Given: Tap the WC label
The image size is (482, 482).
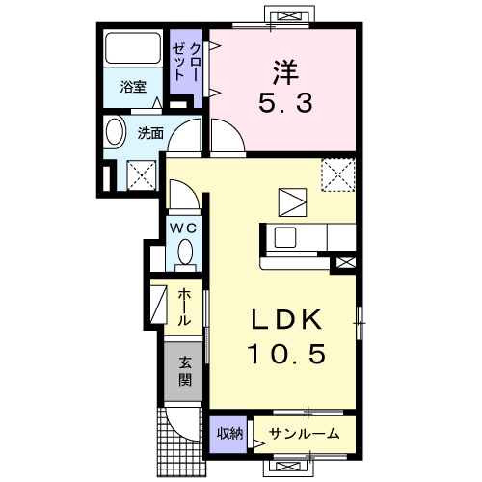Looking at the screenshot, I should [x=183, y=228].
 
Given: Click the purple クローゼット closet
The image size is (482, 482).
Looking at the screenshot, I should [x=187, y=63].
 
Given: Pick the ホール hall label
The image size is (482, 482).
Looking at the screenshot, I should [x=183, y=307].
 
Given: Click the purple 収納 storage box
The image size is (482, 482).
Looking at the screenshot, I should [x=228, y=434].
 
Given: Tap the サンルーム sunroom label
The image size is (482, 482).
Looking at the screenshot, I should [x=303, y=433].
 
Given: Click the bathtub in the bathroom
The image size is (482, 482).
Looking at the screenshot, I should [x=134, y=48].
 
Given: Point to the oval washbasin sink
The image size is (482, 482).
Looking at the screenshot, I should [x=115, y=132].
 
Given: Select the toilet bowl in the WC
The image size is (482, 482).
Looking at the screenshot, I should [x=184, y=254].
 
